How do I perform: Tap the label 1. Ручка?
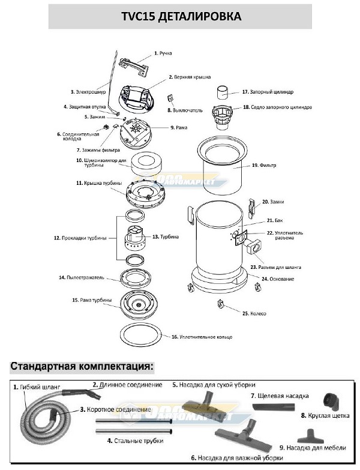point(163,53)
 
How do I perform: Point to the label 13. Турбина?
point(166,237)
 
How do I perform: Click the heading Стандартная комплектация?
point(82,366)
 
